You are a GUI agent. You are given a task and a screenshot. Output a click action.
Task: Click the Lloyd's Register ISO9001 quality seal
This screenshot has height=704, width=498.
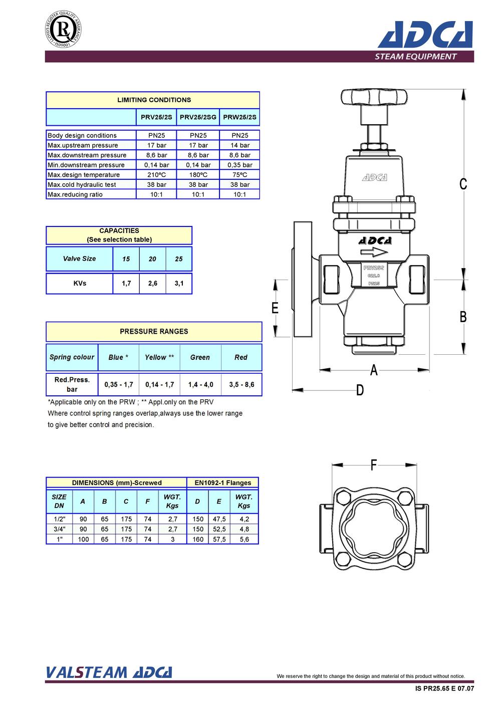63,29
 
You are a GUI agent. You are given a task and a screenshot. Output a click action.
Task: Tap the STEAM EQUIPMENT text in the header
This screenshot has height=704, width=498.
415,57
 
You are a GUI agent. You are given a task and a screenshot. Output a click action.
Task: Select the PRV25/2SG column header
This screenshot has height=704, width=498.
198,117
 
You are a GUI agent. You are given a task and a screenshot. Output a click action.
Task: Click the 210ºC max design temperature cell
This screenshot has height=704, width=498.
156,175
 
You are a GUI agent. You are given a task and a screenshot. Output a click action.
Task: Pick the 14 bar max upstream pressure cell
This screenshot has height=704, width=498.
239,145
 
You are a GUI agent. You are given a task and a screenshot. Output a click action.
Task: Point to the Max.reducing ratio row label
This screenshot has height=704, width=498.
75,194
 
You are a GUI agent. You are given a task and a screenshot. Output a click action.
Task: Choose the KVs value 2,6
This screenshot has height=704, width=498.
153,284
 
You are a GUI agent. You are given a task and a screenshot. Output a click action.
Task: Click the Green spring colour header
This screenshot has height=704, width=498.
200,357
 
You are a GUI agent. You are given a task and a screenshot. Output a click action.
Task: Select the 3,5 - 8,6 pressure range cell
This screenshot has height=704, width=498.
241,384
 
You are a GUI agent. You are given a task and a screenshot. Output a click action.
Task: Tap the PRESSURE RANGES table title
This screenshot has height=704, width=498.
154,331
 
